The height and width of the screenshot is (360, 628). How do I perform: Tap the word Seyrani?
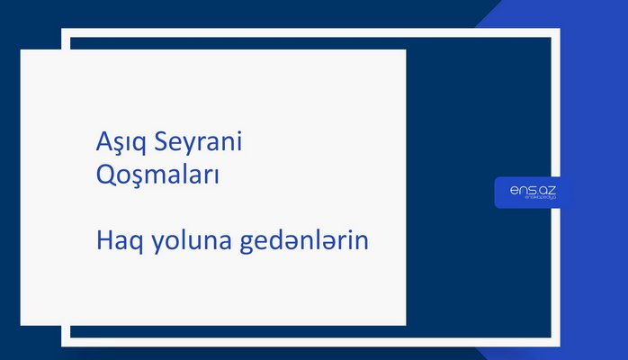pos(203,143)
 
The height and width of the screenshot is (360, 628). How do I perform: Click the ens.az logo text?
pos(531,190)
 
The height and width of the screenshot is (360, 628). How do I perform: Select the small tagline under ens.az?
pos(531,201)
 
